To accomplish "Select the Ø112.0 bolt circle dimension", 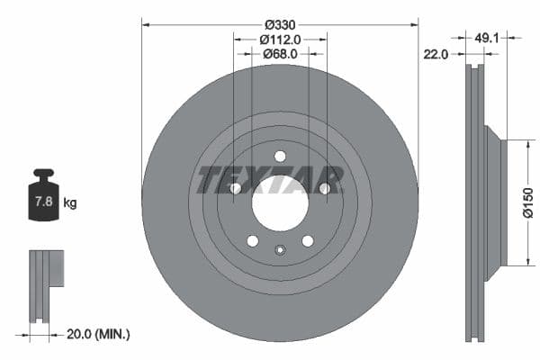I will coord(280,39).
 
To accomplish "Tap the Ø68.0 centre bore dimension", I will coord(280,54).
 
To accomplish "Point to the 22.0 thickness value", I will coord(436,55).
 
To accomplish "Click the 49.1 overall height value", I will coord(486,39).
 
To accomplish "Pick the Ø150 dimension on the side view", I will coord(529,203).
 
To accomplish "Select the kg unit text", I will coord(70,203).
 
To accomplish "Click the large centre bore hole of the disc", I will coord(280,204).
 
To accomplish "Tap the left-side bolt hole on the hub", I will coord(236,188).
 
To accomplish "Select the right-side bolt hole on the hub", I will coord(324,188).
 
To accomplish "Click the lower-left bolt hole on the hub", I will coord(252,240).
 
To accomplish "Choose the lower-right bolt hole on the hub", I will coord(308,240).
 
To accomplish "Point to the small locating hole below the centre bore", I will coord(280,251).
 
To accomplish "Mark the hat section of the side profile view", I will coord(495,203).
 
